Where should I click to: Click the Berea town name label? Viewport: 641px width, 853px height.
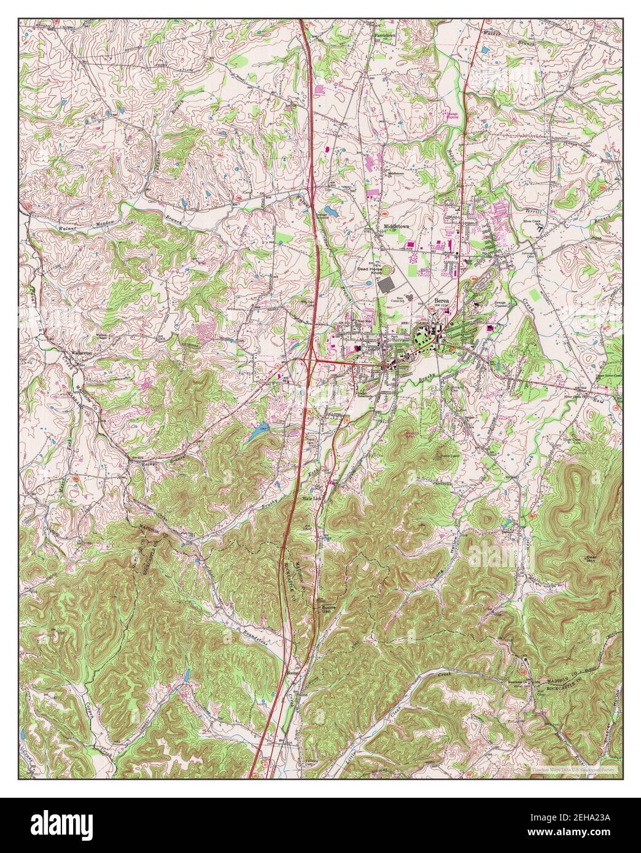(442, 293)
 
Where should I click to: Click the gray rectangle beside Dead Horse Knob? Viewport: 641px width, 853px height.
(388, 285)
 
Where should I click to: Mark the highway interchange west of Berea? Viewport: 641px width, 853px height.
(311, 361)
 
